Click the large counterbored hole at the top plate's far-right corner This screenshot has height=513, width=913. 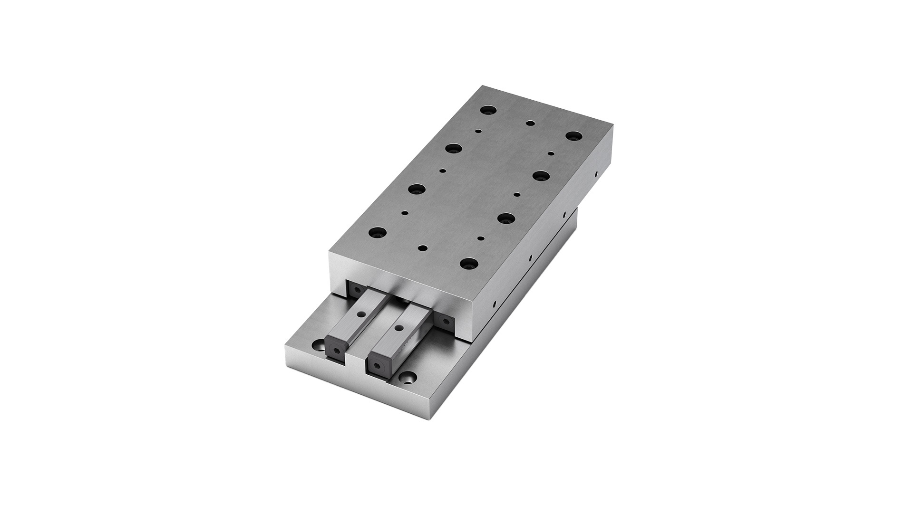tap(572, 136)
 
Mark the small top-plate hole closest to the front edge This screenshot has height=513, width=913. tap(421, 247)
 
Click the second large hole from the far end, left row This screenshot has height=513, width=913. tap(452, 148)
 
